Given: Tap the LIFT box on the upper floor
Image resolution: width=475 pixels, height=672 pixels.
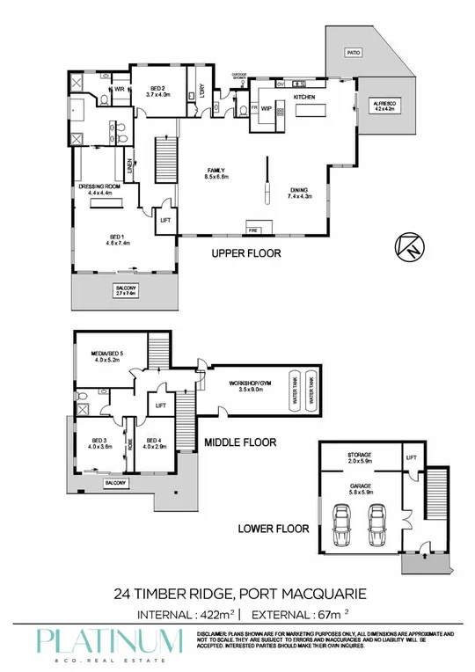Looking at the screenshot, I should click(x=164, y=221).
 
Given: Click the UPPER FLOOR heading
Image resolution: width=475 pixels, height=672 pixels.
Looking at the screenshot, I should click(x=245, y=253).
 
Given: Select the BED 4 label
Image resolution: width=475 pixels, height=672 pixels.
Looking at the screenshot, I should click(x=154, y=442).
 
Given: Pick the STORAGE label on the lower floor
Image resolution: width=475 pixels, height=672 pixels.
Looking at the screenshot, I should click(x=360, y=457).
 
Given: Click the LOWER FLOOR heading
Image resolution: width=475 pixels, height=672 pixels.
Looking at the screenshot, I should click(x=274, y=530).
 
